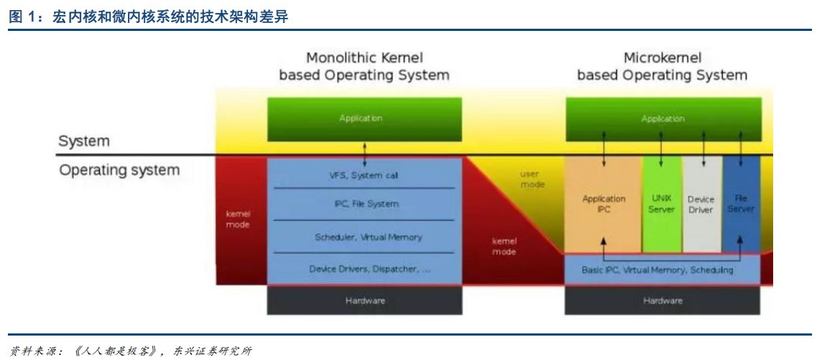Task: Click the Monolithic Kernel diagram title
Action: [x=364, y=66]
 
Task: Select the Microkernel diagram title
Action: [x=662, y=66]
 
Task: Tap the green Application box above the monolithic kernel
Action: [x=364, y=119]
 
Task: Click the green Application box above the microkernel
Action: [x=662, y=119]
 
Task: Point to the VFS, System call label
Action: [x=364, y=175]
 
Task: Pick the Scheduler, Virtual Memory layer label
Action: [x=368, y=237]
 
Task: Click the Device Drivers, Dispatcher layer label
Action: [x=369, y=269]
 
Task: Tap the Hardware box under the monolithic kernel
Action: [x=364, y=300]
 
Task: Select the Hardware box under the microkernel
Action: [x=662, y=300]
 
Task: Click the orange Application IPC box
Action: [x=603, y=204]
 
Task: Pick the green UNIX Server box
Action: [x=661, y=204]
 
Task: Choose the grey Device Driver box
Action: [x=701, y=204]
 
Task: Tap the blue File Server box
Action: [x=741, y=204]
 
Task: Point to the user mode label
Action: [x=532, y=180]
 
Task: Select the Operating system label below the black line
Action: [x=119, y=171]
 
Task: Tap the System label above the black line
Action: [x=85, y=142]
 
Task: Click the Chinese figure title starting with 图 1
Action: [x=148, y=17]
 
